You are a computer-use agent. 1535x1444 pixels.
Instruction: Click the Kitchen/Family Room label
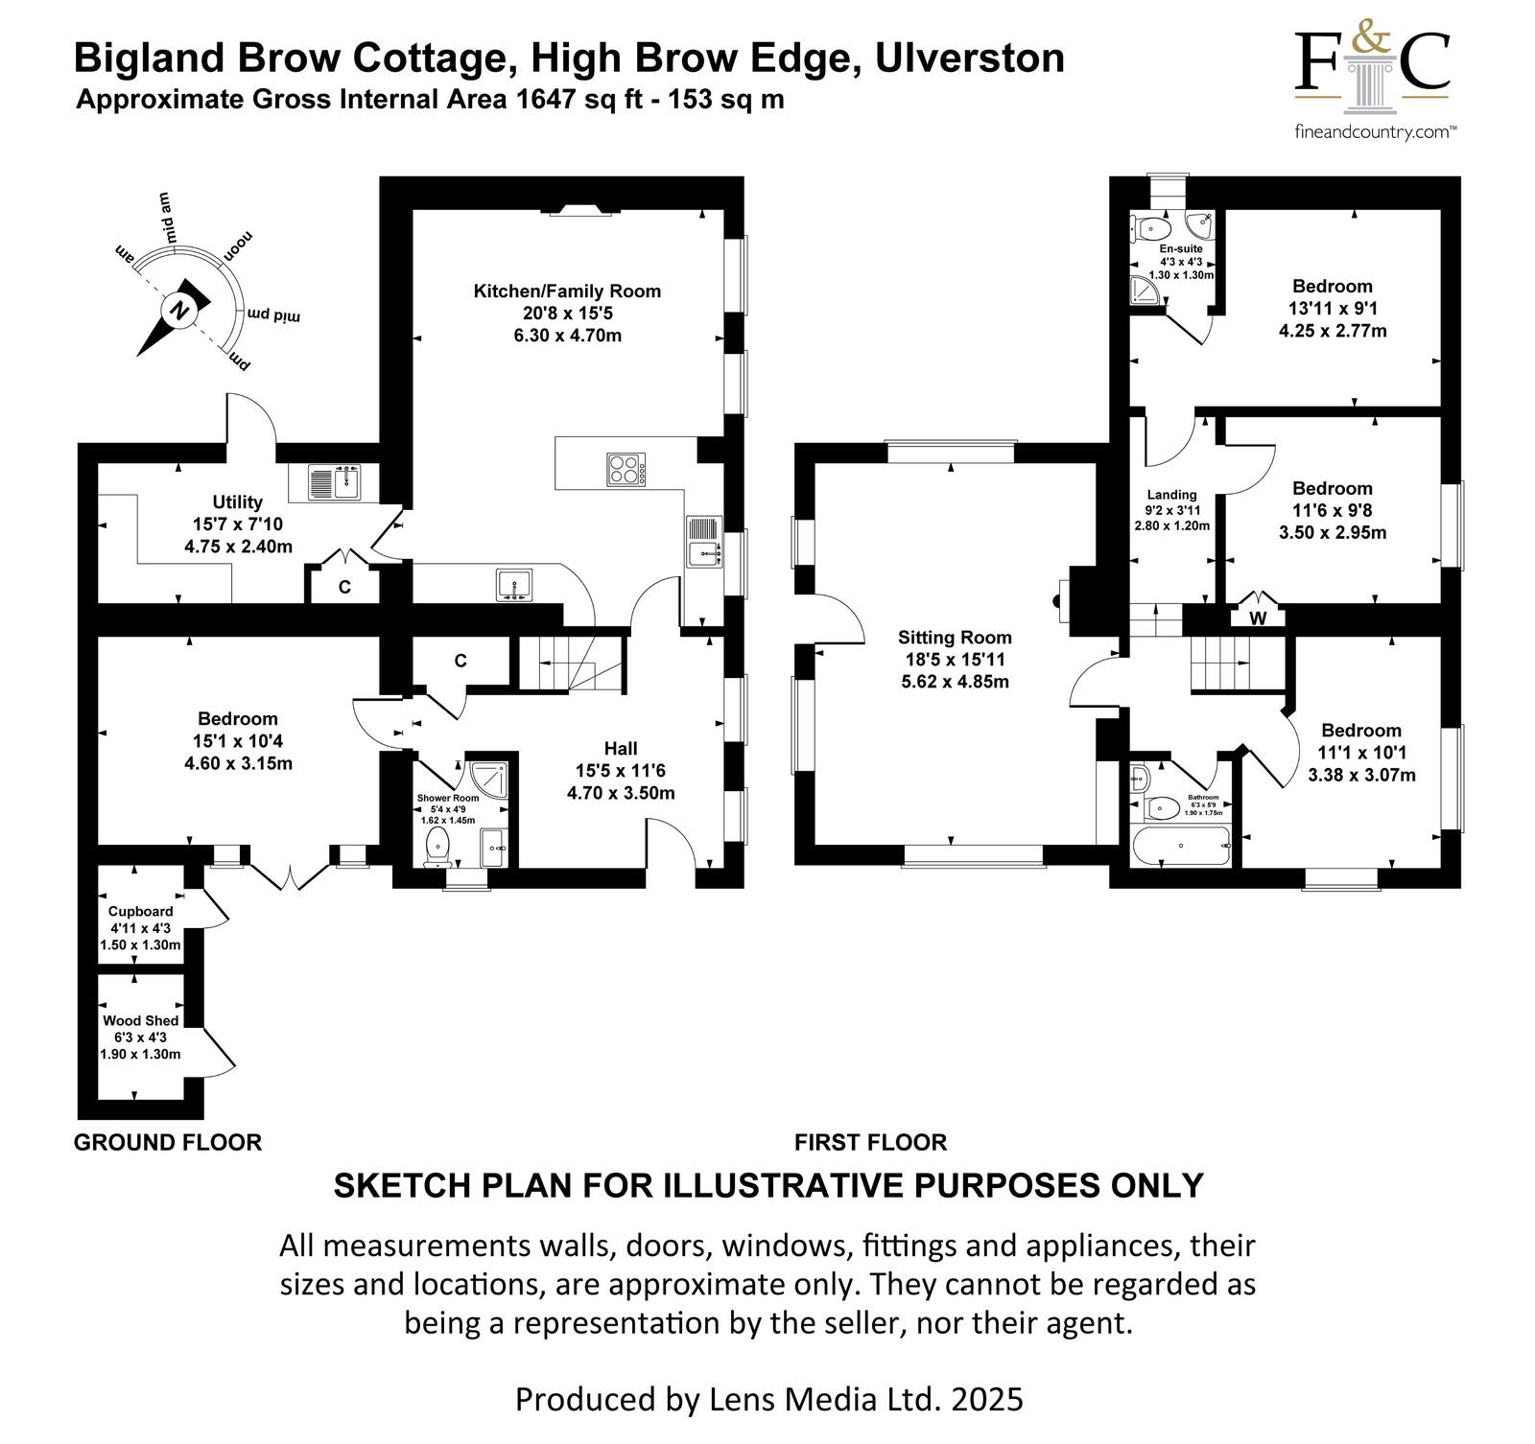[x=567, y=291]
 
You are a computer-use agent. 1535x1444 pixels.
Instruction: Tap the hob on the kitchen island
[x=626, y=470]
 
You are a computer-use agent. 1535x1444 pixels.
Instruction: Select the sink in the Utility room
[x=333, y=481]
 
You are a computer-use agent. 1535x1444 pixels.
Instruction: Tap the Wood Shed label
[x=141, y=1020]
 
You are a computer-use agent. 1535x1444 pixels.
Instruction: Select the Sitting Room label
[x=955, y=638]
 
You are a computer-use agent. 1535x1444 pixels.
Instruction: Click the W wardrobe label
[x=1258, y=619]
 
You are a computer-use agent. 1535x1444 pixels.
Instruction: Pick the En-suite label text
[x=1181, y=248]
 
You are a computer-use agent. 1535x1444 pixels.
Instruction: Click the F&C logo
[x=1372, y=64]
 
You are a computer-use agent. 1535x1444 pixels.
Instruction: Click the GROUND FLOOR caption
[x=168, y=1142]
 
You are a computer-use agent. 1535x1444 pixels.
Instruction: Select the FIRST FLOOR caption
[x=870, y=1142]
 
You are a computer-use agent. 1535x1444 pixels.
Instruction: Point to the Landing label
[x=1171, y=495]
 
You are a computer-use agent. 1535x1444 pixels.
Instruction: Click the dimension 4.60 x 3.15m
[x=238, y=763]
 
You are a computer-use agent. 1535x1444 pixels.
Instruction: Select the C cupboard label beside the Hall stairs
[x=460, y=661]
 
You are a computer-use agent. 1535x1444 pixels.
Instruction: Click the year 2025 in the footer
[x=987, y=1399]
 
